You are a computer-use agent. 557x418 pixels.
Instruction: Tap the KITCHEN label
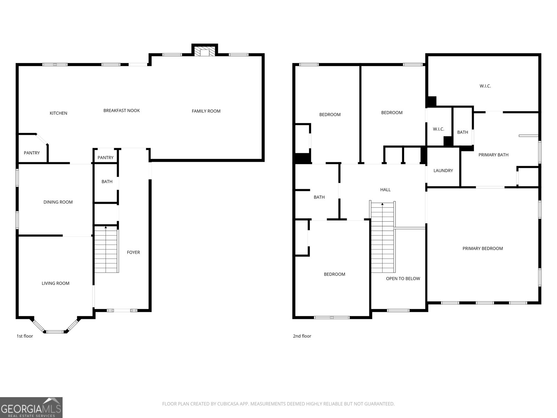tap(58, 113)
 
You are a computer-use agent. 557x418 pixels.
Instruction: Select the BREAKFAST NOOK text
tap(121, 110)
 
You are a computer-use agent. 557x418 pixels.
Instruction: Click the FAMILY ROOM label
tap(206, 111)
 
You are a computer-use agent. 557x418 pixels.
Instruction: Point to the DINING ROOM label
tap(58, 202)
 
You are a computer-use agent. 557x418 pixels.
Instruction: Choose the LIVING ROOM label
tap(56, 283)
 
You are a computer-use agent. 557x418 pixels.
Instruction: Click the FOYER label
tap(133, 252)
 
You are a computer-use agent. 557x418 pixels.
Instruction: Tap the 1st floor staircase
tap(106, 250)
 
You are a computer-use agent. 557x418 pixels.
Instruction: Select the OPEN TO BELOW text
tap(403, 279)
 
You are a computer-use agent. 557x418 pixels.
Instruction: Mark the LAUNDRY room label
tap(443, 171)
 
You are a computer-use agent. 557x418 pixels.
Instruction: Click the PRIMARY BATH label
tap(493, 155)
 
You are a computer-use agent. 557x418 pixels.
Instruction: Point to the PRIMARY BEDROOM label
tap(483, 248)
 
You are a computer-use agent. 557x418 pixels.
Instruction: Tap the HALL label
tap(385, 190)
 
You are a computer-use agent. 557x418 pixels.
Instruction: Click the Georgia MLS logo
tap(31, 408)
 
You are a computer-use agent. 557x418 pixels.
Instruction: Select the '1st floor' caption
tap(25, 336)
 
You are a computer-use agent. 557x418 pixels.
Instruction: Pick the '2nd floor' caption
tap(302, 336)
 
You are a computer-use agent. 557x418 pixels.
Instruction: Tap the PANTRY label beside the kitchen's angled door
tap(32, 153)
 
